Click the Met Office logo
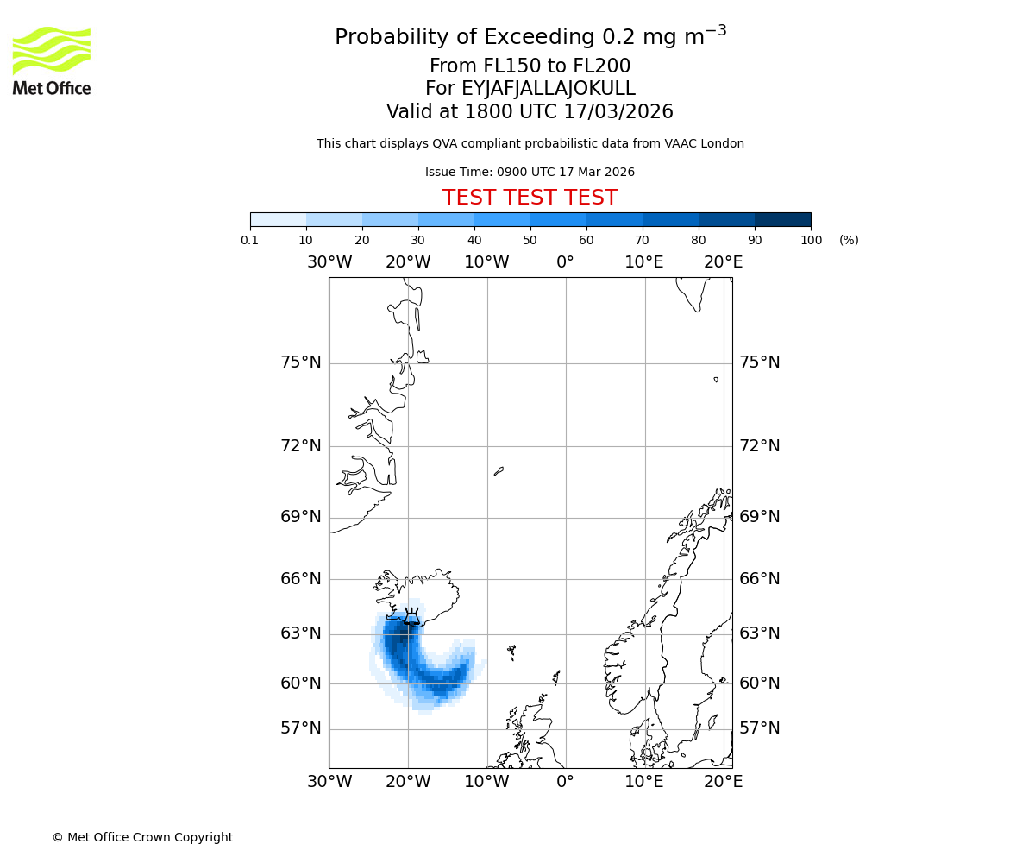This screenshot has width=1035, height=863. [x=52, y=60]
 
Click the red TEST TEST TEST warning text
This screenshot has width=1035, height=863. [x=530, y=198]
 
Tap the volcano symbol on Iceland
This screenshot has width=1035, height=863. [x=411, y=616]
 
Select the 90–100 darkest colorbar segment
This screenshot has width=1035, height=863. [x=782, y=219]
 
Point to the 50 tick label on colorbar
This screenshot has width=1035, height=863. [x=530, y=240]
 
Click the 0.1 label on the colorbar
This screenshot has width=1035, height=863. [x=250, y=240]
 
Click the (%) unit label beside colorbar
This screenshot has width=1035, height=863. [x=849, y=240]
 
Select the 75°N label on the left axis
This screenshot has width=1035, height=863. [x=300, y=362]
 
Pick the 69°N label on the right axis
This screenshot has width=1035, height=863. [x=759, y=517]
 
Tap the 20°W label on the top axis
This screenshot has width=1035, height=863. [x=408, y=262]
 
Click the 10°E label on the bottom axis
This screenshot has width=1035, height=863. [x=644, y=782]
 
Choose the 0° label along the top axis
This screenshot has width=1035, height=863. [x=565, y=262]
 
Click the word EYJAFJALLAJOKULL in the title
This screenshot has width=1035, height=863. [x=549, y=89]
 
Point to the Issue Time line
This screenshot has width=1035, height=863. [x=530, y=172]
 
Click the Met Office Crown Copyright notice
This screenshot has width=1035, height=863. [x=142, y=837]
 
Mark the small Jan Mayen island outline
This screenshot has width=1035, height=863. [x=499, y=471]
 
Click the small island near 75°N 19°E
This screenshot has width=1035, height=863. [x=716, y=379]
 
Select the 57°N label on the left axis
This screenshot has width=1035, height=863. [x=300, y=728]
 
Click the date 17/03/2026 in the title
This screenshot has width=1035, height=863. [x=618, y=112]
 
